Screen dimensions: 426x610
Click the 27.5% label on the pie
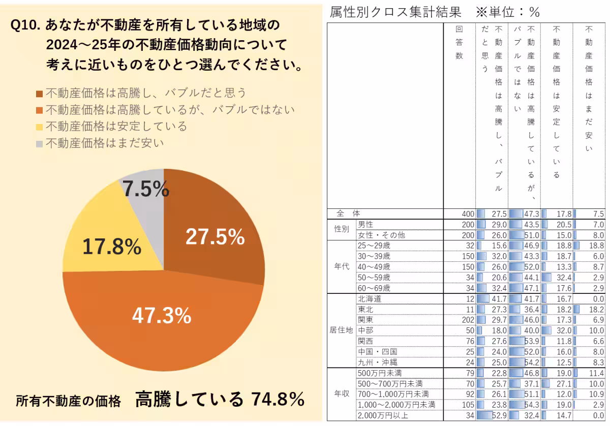[x=215, y=237]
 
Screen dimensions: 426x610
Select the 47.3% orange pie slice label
[x=162, y=316]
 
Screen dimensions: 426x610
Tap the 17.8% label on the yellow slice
[x=112, y=247]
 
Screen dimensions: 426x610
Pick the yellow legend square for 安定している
[x=39, y=127]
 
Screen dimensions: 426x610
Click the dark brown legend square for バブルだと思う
[x=39, y=94]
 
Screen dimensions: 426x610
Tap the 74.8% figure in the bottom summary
[x=277, y=399]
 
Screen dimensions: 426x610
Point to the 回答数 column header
[x=459, y=43]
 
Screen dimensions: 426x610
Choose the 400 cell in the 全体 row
[x=468, y=214]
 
